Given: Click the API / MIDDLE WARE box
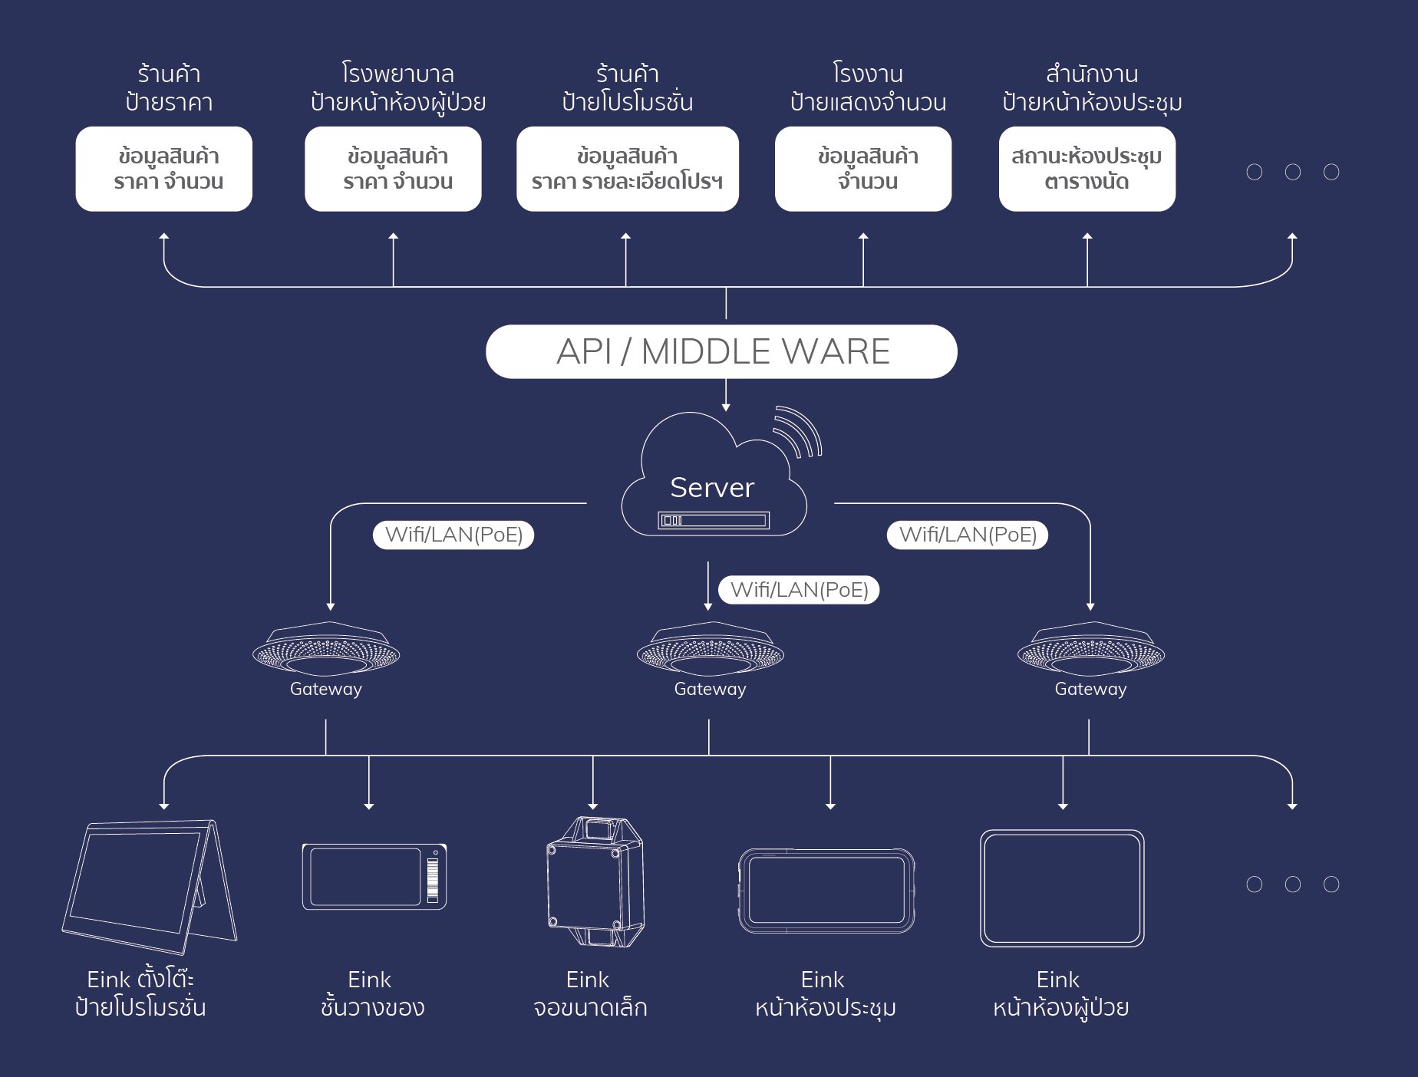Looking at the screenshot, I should click(721, 351).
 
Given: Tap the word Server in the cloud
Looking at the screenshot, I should click(712, 488).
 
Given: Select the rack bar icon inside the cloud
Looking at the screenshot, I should click(714, 521).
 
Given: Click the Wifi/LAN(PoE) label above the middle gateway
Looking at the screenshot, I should click(799, 590).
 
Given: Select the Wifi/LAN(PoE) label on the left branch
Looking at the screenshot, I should click(453, 535).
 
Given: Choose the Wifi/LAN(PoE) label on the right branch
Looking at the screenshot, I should click(968, 535).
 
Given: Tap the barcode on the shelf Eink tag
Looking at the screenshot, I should click(433, 879).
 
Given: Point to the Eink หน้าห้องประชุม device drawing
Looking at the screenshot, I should click(826, 890).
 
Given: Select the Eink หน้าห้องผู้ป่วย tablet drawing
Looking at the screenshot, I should click(1062, 888).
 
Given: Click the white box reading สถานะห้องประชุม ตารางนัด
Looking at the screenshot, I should click(1087, 169).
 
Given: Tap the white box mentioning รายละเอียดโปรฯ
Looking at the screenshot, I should click(627, 169).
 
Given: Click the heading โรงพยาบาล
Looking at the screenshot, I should click(397, 74).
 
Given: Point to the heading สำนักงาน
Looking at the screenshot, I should click(1091, 74).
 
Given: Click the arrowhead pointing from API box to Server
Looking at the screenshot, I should click(726, 407).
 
